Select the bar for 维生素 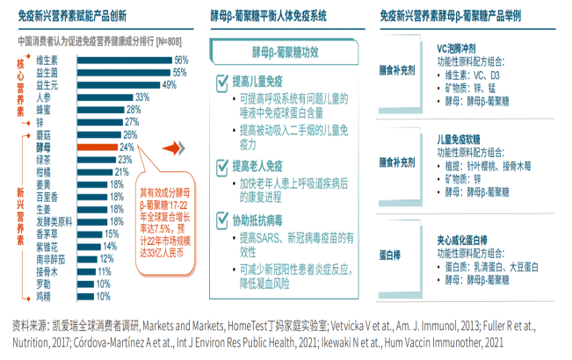[122, 60]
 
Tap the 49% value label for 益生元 [170, 85]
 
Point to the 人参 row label [42, 97]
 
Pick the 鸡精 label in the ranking [42, 298]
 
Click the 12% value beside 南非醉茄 [107, 260]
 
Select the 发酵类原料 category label [54, 222]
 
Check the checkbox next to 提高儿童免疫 [221, 82]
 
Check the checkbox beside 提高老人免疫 [221, 166]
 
